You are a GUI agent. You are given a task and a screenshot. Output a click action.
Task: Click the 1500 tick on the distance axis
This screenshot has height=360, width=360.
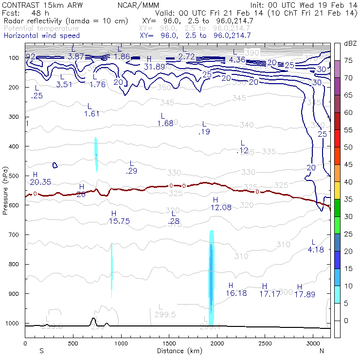169,343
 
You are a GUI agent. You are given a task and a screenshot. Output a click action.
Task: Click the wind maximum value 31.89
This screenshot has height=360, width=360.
154,67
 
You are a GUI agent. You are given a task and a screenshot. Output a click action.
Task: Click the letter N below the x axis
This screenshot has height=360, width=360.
322,350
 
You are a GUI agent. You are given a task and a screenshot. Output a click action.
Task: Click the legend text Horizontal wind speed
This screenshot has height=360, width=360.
42,36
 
